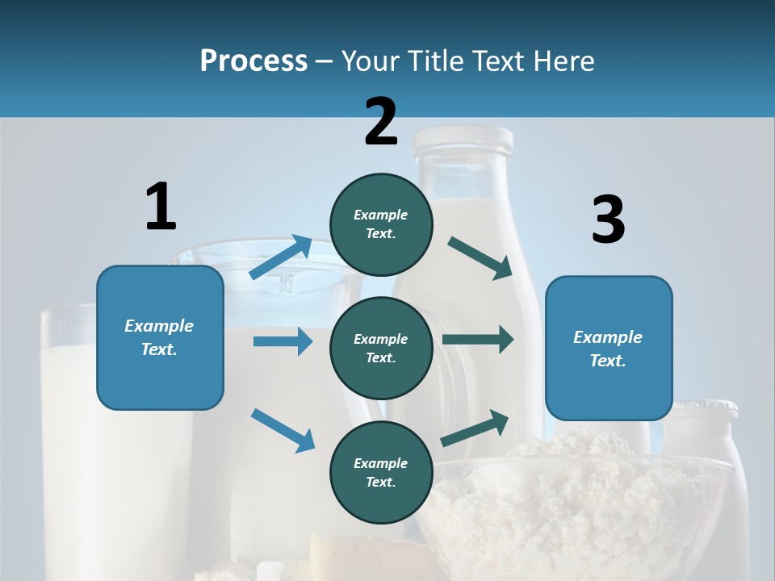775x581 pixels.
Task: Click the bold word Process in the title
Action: coord(253,61)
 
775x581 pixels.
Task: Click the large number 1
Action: coord(161,207)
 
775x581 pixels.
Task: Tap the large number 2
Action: coord(381,122)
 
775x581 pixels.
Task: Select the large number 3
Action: coord(608,220)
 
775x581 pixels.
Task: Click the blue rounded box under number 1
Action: coord(160,337)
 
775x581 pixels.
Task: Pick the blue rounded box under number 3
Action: coord(609,348)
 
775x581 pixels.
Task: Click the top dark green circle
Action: coord(381,224)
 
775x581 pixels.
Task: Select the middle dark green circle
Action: coord(381,348)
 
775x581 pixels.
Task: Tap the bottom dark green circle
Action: coord(381,472)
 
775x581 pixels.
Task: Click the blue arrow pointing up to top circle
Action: coord(281,257)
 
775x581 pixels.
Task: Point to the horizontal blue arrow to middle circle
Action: coord(283,341)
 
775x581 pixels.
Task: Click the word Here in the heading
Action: coord(564,61)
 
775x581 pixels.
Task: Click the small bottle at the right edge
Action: coord(710,452)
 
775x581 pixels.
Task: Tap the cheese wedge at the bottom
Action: coord(355,557)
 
